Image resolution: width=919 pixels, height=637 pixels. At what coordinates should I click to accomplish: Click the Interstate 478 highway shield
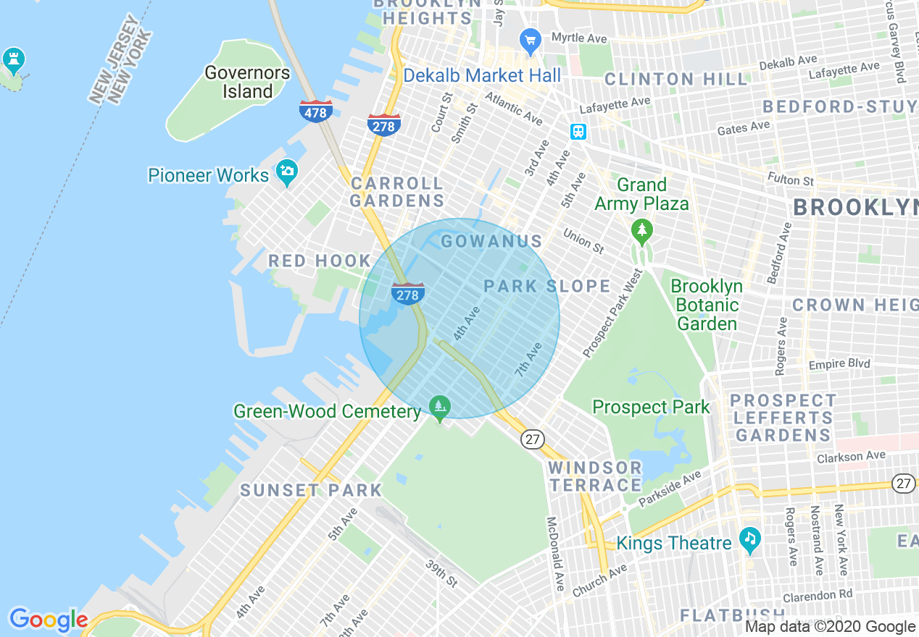click(x=316, y=111)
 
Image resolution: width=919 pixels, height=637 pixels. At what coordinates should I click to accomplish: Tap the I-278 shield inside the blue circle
click(x=408, y=294)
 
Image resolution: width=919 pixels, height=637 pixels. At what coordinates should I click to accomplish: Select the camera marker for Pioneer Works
click(x=287, y=172)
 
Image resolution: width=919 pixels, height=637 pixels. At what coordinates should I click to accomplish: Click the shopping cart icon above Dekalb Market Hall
click(x=531, y=39)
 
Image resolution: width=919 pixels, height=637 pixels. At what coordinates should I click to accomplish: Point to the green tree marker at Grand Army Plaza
click(x=641, y=232)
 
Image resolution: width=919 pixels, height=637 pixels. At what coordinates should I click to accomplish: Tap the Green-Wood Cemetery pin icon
click(x=439, y=407)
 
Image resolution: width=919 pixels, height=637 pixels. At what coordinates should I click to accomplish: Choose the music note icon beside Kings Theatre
click(x=749, y=539)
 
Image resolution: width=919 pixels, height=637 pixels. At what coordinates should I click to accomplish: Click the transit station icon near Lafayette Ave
click(x=578, y=132)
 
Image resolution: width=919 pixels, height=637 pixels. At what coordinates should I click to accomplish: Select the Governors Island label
click(x=247, y=83)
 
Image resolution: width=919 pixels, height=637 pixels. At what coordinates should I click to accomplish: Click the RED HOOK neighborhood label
click(x=320, y=261)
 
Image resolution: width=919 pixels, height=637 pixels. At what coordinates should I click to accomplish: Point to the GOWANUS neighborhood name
click(x=491, y=242)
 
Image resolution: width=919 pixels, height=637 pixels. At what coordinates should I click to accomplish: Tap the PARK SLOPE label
click(x=547, y=286)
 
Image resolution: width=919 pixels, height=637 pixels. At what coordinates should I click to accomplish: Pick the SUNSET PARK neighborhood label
click(x=311, y=490)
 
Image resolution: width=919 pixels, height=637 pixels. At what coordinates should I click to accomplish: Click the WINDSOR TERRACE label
click(x=595, y=476)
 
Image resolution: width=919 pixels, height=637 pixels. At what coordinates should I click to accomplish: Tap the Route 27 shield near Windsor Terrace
click(x=533, y=439)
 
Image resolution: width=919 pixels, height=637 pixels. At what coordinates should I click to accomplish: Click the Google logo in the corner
click(x=48, y=620)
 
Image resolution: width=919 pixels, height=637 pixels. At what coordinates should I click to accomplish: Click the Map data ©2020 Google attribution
click(x=830, y=627)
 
